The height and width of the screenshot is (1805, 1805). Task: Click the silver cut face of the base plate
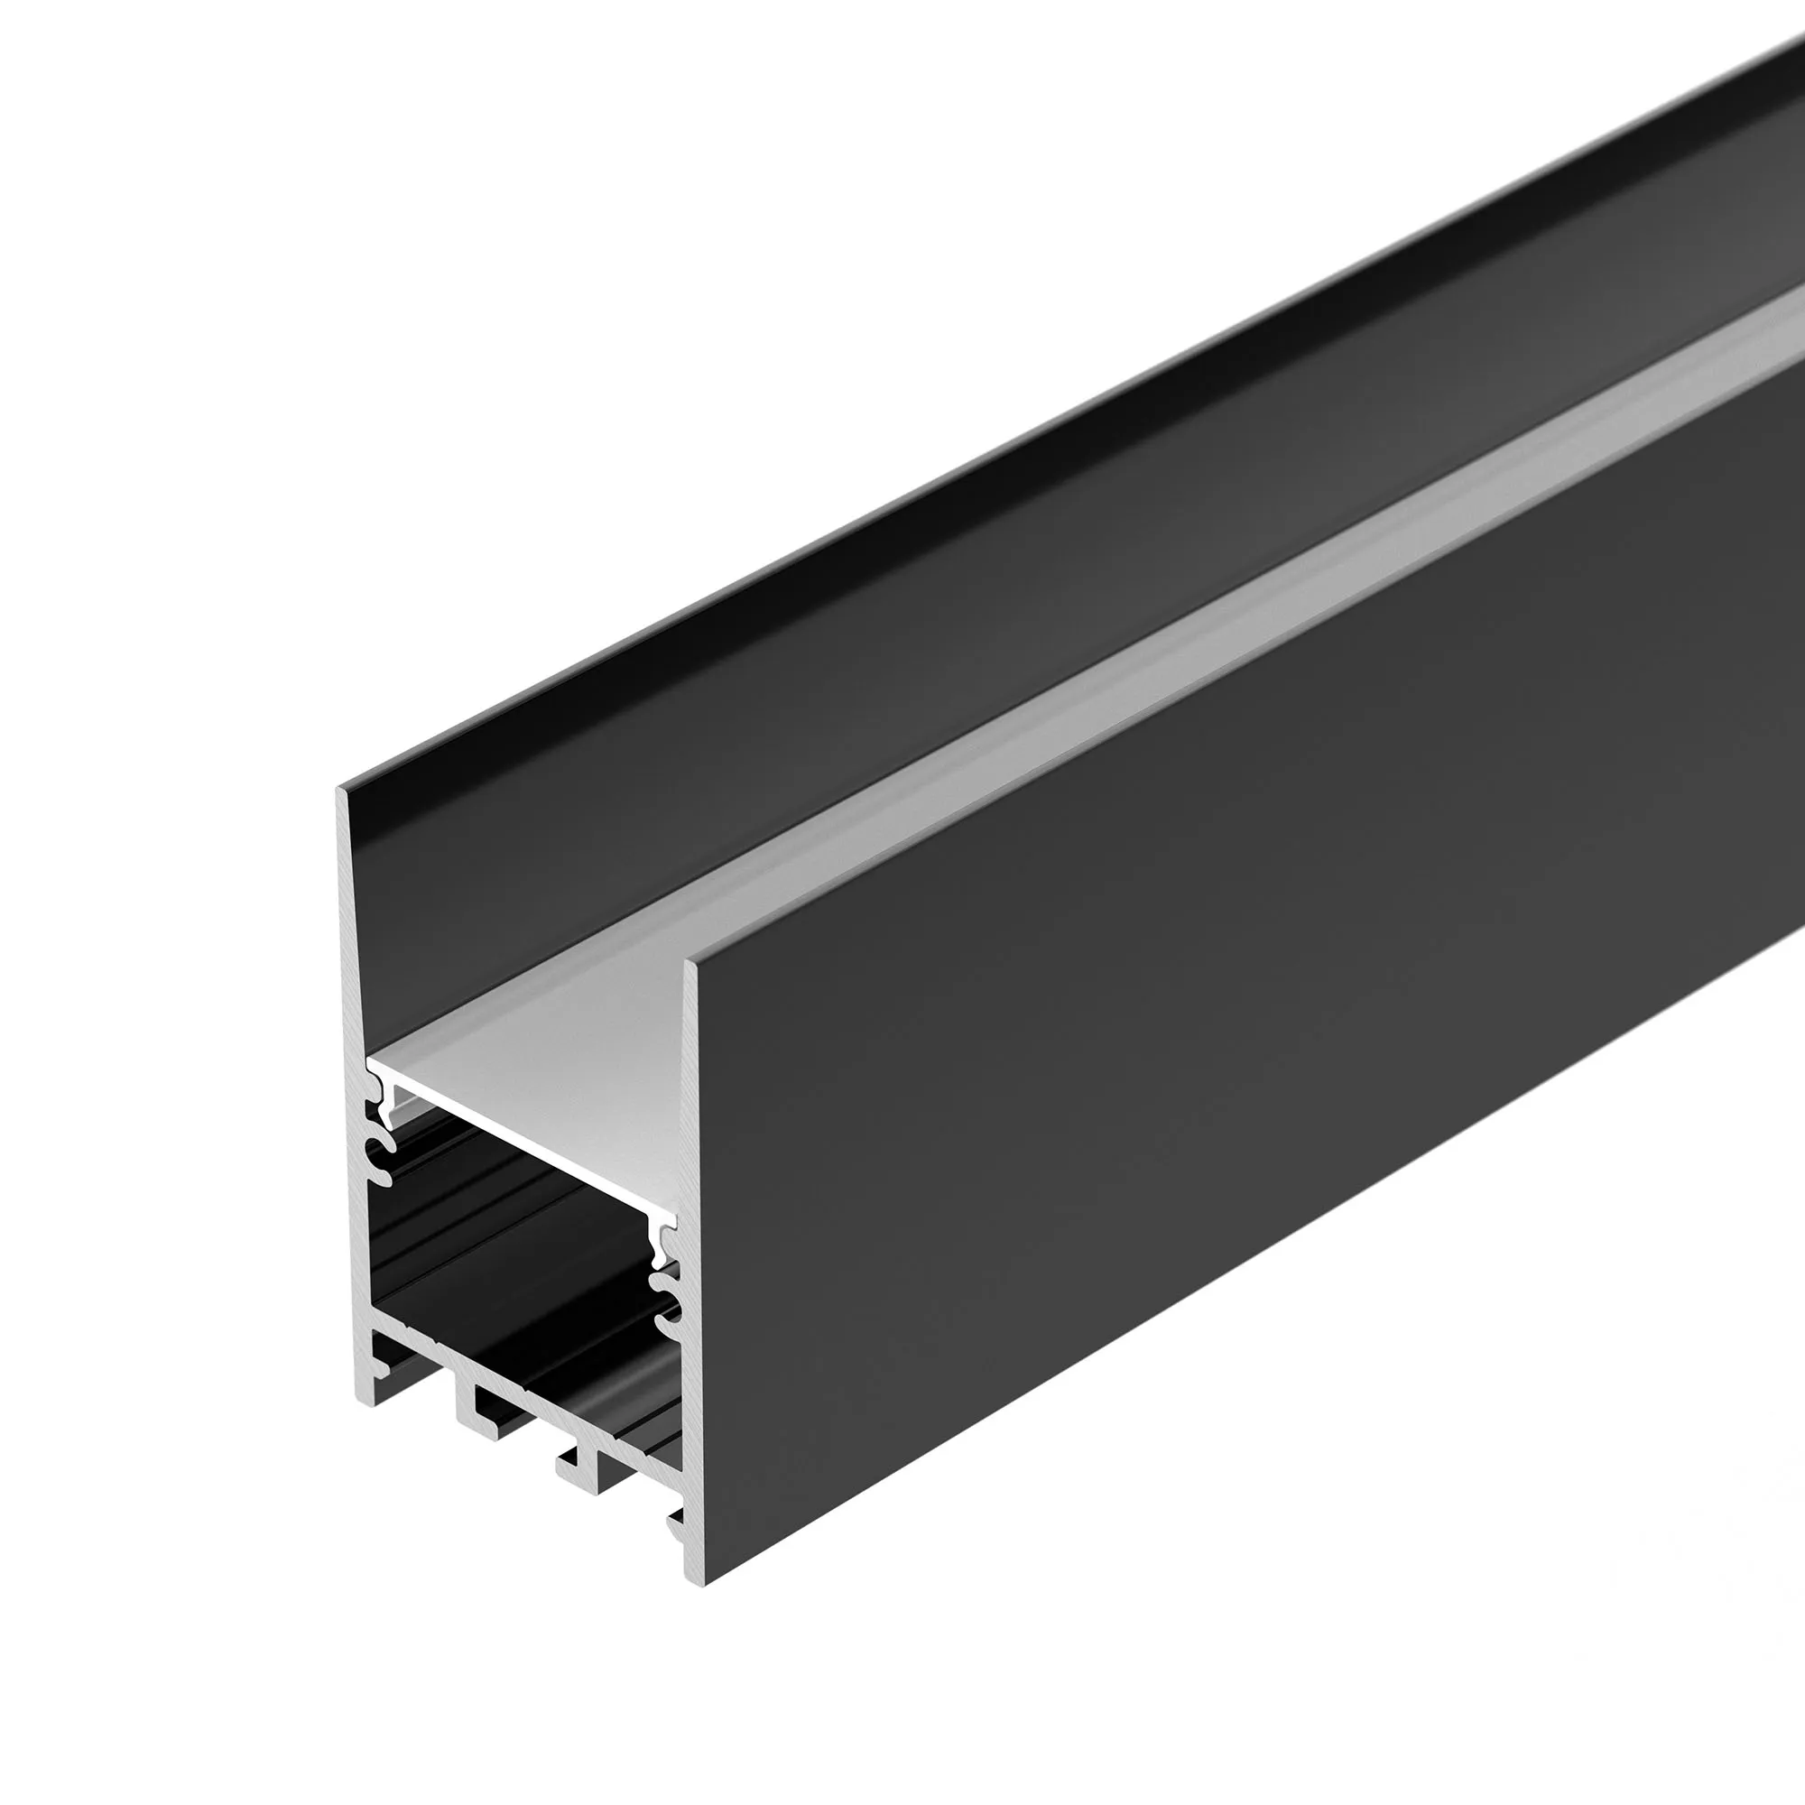[x=523, y=1392]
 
